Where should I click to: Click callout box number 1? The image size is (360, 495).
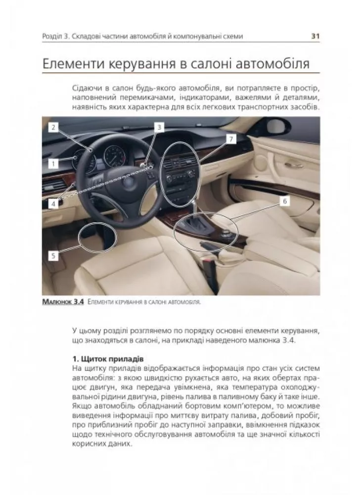point(53,162)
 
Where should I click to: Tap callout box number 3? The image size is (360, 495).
point(158,127)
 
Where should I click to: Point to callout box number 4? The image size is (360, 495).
point(53,203)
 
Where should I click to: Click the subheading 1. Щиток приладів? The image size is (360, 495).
point(107,358)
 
